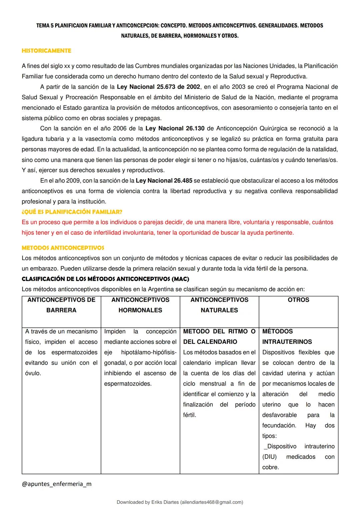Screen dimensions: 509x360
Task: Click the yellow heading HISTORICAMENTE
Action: (x=46, y=51)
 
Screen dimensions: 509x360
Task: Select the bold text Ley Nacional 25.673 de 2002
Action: (x=158, y=87)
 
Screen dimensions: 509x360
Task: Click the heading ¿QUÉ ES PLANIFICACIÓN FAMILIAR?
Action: (x=72, y=212)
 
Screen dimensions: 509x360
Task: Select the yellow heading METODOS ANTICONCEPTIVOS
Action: (x=63, y=248)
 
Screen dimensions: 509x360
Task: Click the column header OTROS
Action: (x=298, y=300)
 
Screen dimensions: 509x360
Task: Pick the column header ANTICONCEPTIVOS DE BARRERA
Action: (x=61, y=305)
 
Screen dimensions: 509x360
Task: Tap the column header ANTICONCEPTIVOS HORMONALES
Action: (x=140, y=305)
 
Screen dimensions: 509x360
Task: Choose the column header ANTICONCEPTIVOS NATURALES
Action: (x=219, y=305)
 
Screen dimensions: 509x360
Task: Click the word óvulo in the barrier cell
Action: (x=33, y=373)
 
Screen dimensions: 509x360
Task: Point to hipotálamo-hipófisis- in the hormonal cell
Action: (x=149, y=352)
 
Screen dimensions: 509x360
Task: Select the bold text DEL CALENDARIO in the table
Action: (x=210, y=342)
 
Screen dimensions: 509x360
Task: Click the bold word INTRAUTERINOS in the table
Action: (x=287, y=342)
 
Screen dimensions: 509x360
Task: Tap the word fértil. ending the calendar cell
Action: (x=190, y=415)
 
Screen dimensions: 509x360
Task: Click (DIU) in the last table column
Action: (x=269, y=457)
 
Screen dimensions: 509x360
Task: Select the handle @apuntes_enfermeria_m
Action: (x=56, y=484)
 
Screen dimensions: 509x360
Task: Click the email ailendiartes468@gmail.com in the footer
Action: (x=211, y=502)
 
